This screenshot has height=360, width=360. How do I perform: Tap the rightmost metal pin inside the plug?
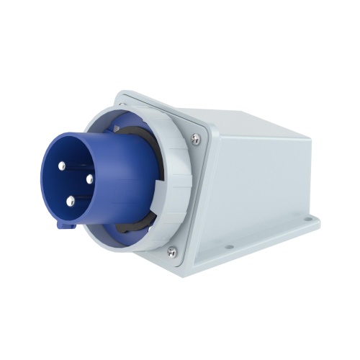tap(90, 179)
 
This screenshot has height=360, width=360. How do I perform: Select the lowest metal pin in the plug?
tap(71, 202)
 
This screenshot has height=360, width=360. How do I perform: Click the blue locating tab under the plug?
tap(66, 225)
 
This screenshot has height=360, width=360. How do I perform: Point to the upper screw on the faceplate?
tap(196, 138)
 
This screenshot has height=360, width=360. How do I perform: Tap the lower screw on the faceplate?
tap(171, 251)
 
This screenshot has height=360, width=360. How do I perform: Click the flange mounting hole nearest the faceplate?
tap(229, 246)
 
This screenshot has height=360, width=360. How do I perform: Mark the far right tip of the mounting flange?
tap(319, 219)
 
